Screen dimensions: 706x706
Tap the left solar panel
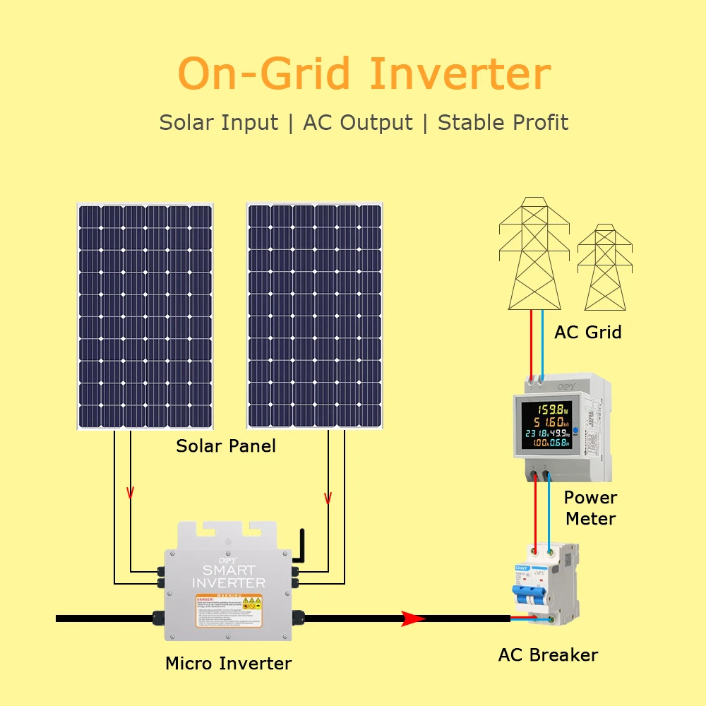145,316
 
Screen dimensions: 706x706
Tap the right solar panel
314,316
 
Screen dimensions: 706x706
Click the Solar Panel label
226,446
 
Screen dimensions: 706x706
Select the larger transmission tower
534,254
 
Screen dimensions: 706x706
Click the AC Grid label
588,332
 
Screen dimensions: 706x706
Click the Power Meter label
590,508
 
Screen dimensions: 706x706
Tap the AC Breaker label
548,655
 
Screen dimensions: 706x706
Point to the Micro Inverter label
228,664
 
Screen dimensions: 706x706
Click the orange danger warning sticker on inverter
229,611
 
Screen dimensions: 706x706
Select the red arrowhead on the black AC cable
413,619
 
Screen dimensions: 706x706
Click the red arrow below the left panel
130,492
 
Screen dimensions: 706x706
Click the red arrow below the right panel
328,498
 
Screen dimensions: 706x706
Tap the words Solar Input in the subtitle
219,122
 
